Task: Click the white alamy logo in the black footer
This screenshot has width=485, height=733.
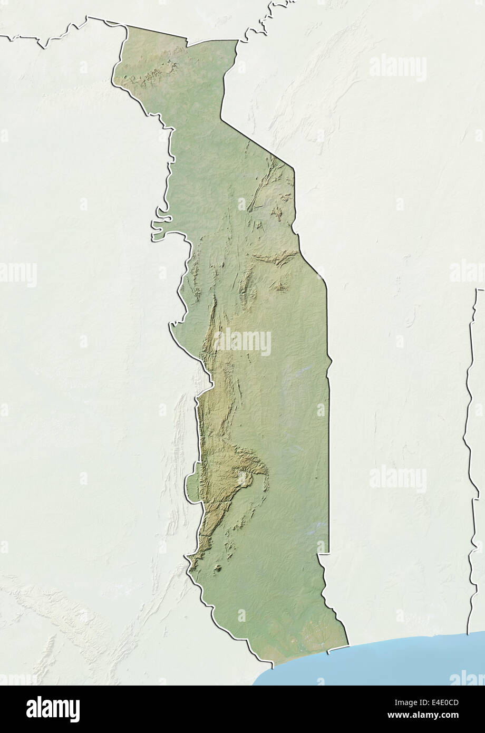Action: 53,709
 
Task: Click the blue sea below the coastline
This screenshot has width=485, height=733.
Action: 380,662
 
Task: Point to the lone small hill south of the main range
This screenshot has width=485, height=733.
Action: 217,569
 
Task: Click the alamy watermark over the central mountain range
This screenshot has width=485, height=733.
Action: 242,342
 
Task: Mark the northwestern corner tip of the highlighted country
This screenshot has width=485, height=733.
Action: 127,26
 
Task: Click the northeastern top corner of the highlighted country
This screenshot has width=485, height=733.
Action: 237,41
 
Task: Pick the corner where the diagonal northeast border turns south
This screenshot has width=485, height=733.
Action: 293,169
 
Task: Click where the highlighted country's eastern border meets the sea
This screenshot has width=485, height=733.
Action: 348,644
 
